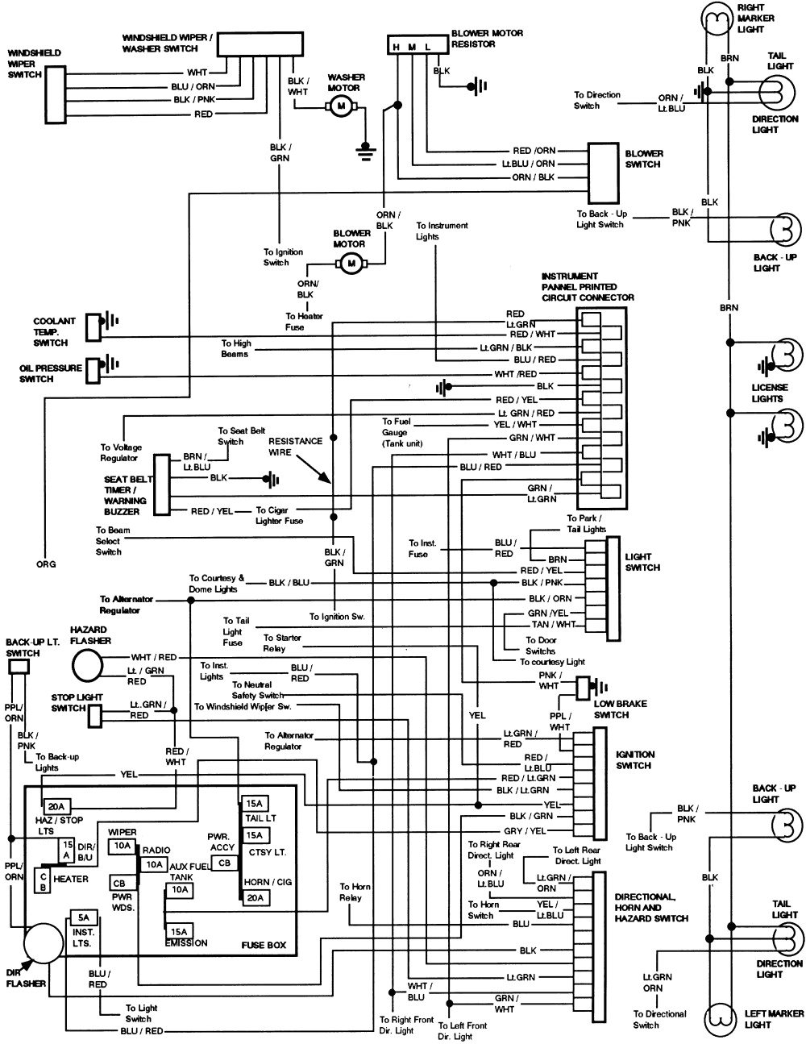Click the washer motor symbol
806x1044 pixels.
[339, 106]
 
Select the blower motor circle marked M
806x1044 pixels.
[351, 262]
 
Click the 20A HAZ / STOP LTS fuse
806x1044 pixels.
[56, 806]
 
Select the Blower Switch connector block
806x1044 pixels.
[601, 173]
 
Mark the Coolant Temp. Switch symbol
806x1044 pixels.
[95, 322]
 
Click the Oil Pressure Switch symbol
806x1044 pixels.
[95, 368]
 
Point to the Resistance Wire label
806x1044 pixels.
[295, 447]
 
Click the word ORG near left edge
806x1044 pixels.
[46, 564]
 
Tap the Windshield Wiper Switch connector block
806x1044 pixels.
[55, 94]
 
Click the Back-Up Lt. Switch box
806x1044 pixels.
[18, 666]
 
